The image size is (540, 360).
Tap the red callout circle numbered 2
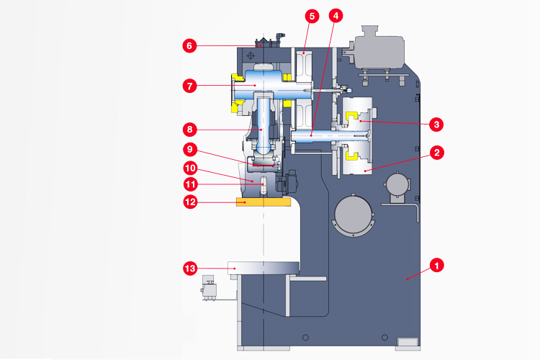click(436, 153)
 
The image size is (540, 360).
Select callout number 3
click(436, 125)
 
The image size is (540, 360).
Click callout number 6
click(189, 45)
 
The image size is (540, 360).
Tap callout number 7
click(189, 86)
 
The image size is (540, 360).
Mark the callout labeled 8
click(189, 130)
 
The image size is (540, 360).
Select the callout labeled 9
click(189, 150)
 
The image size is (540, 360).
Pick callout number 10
click(189, 168)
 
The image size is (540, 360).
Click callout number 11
click(189, 184)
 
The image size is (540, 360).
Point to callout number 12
click(189, 202)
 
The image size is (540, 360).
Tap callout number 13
click(189, 269)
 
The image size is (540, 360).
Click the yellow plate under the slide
click(263, 202)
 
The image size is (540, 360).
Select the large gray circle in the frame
click(354, 214)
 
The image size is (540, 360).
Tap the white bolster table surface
click(263, 268)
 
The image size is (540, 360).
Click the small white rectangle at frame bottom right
click(408, 341)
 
